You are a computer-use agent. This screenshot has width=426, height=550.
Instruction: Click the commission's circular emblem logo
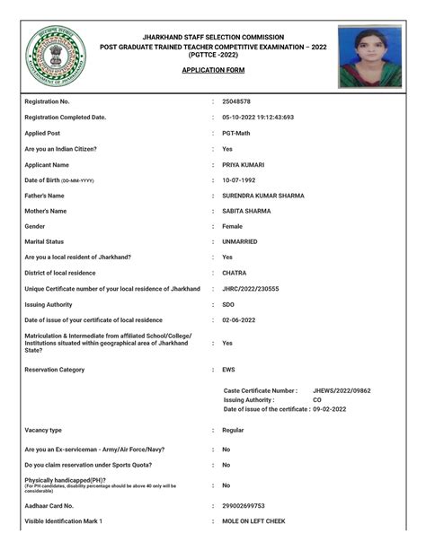pyautogui.click(x=56, y=56)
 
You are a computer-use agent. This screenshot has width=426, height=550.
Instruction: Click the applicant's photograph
pyautogui.click(x=369, y=56)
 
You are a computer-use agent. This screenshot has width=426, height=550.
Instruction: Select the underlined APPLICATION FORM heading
pyautogui.click(x=213, y=69)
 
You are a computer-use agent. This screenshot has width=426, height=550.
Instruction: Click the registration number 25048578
pyautogui.click(x=236, y=102)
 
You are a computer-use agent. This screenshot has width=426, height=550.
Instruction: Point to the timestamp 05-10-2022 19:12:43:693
pyautogui.click(x=258, y=118)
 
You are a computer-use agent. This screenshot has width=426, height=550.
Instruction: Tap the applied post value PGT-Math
pyautogui.click(x=237, y=133)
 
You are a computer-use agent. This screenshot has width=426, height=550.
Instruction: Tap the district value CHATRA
pyautogui.click(x=235, y=273)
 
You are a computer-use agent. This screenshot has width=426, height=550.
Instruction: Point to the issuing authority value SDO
pyautogui.click(x=228, y=304)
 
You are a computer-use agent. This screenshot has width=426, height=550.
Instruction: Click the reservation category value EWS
pyautogui.click(x=229, y=369)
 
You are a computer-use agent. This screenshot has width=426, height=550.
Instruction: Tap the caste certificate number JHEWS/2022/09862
pyautogui.click(x=342, y=391)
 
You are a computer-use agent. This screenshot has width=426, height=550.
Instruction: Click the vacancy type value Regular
pyautogui.click(x=234, y=431)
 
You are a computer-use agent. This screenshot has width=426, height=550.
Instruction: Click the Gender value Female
pyautogui.click(x=233, y=226)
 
